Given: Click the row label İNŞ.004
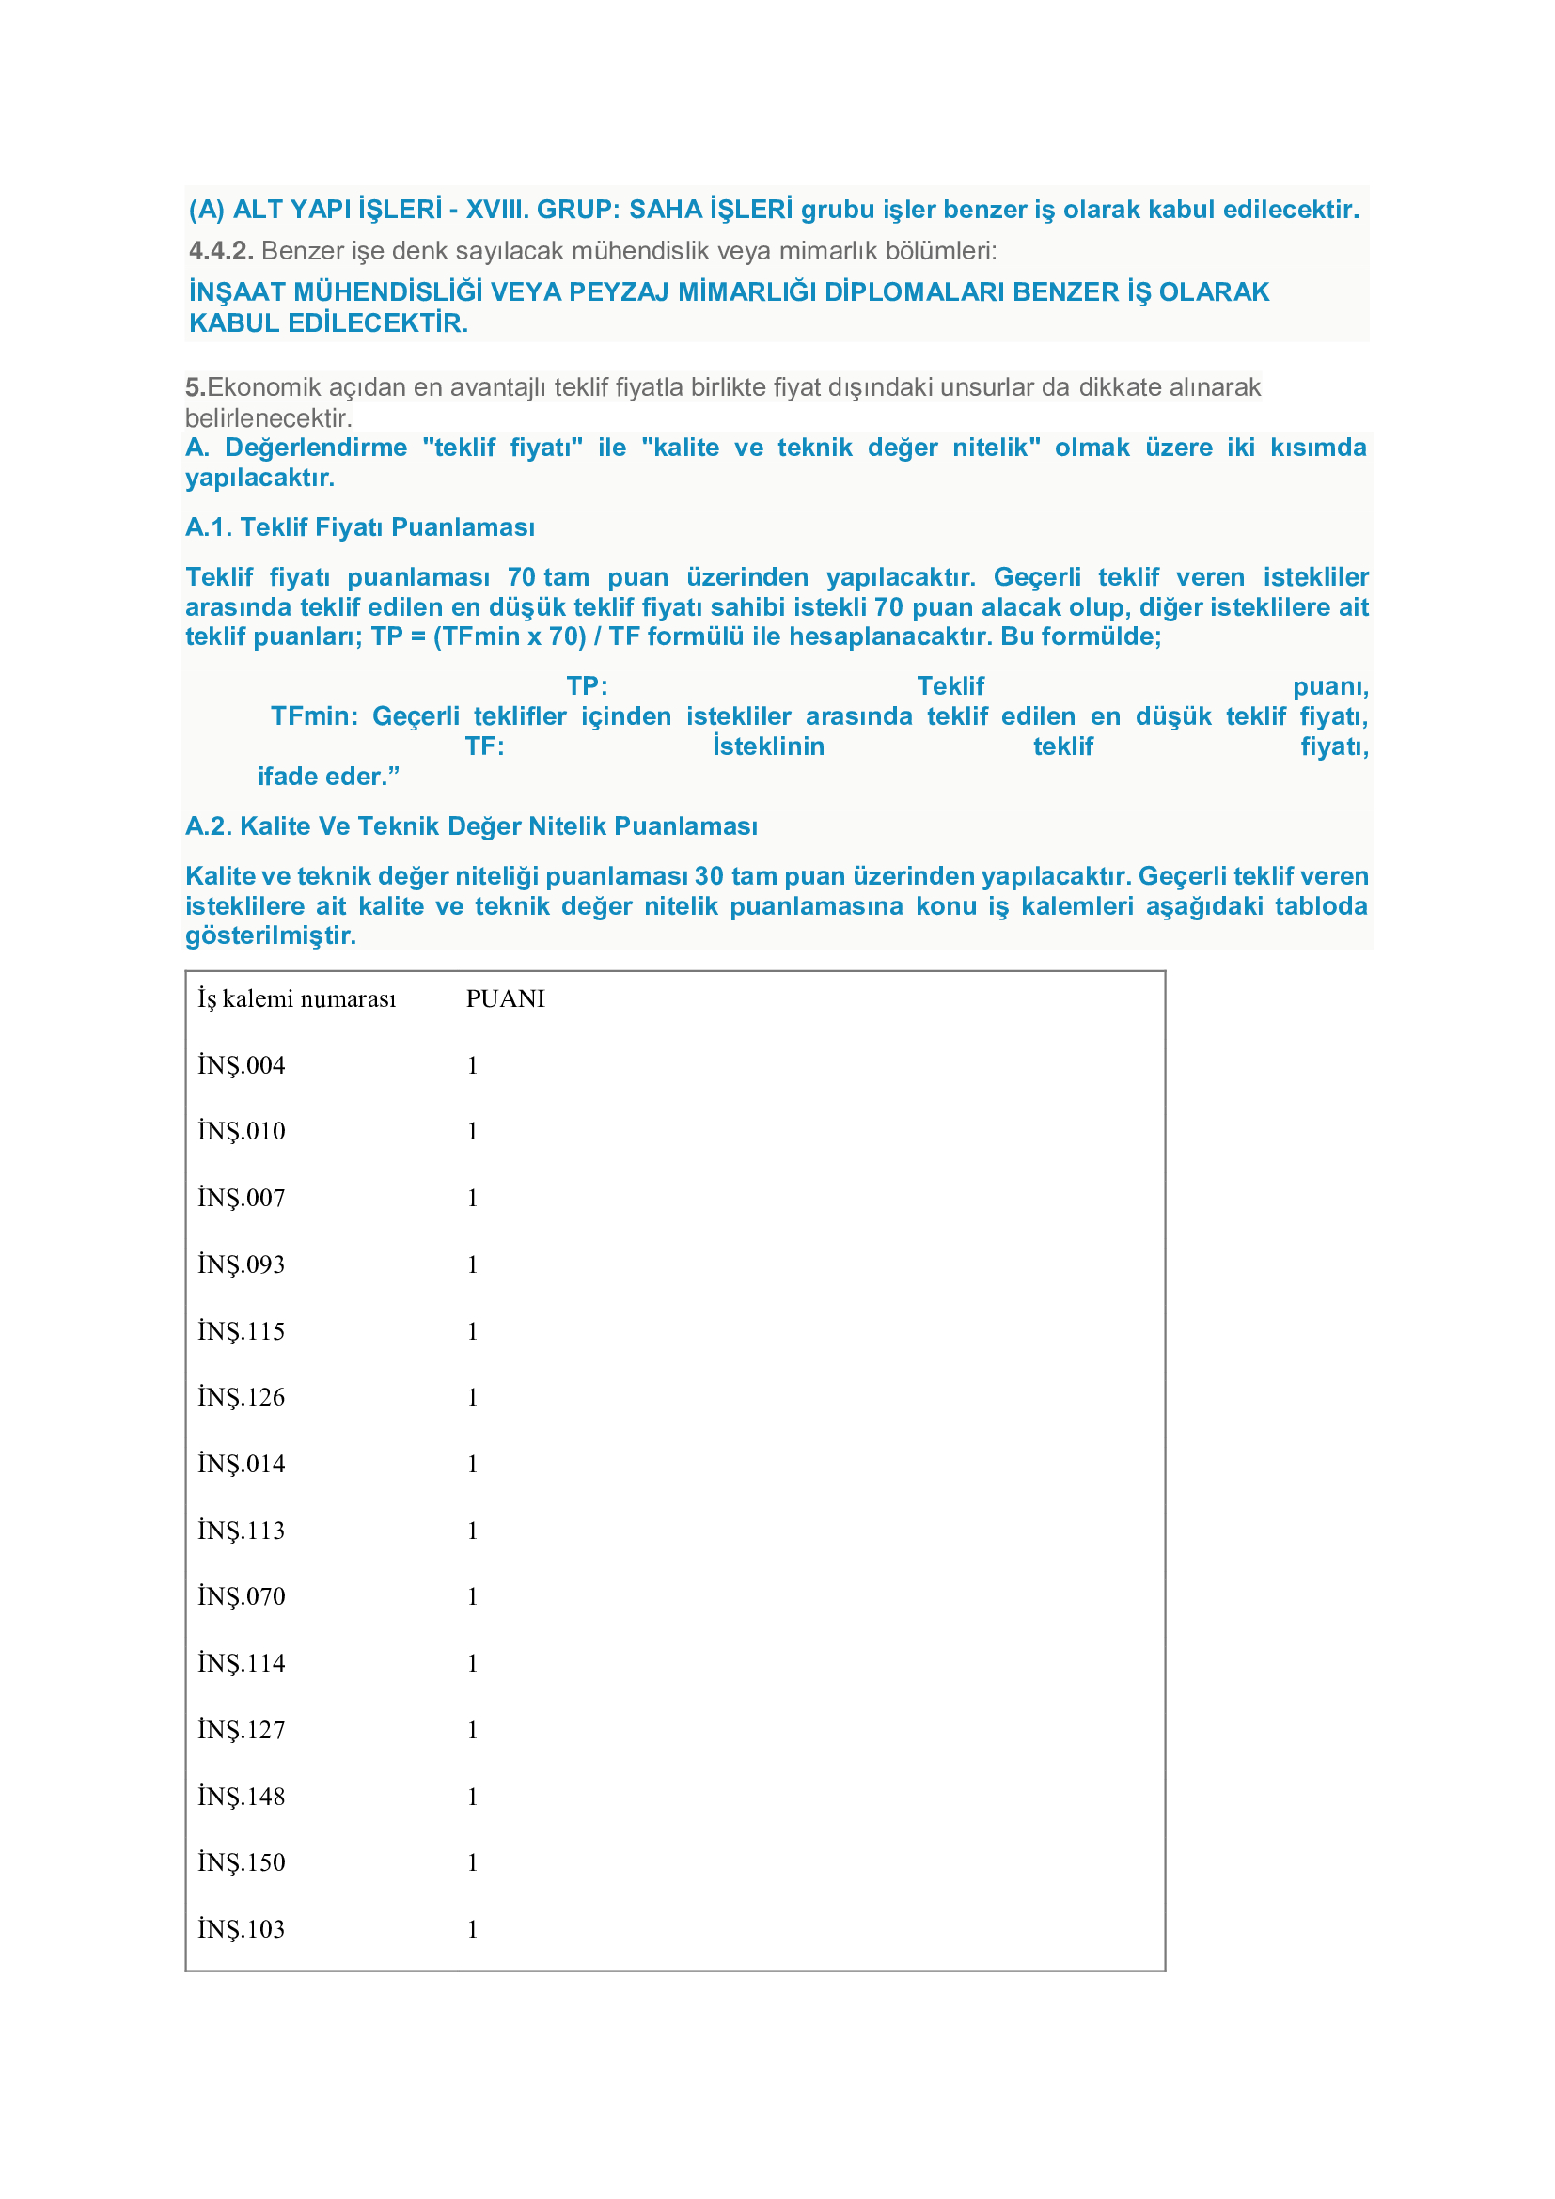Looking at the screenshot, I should coord(242,1065).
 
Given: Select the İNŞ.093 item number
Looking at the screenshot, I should coord(242,1264).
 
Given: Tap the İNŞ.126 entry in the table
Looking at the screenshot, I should coord(242,1397).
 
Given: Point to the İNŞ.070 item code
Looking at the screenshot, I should coord(242,1596).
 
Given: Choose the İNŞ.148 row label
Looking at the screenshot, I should coord(242,1797).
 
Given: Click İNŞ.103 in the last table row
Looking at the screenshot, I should coord(242,1929).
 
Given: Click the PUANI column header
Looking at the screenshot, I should coord(505,999).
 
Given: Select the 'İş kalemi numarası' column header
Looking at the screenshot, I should coord(297,999).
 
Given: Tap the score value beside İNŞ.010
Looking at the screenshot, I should coord(472,1132).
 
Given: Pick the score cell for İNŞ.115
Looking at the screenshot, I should coord(472,1331).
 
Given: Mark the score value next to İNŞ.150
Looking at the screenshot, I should coord(472,1862).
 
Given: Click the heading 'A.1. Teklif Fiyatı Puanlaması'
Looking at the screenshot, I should coord(360,527).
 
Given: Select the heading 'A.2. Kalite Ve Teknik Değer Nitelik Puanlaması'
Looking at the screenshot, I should coord(471,826).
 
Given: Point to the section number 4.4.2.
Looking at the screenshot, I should coord(221,251).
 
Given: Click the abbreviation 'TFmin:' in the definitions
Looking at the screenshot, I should coord(314,716).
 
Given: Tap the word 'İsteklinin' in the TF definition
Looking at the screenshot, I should coord(768,746).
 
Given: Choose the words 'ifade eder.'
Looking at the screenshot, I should coord(327,777).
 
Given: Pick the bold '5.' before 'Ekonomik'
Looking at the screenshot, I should coord(196,388).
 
